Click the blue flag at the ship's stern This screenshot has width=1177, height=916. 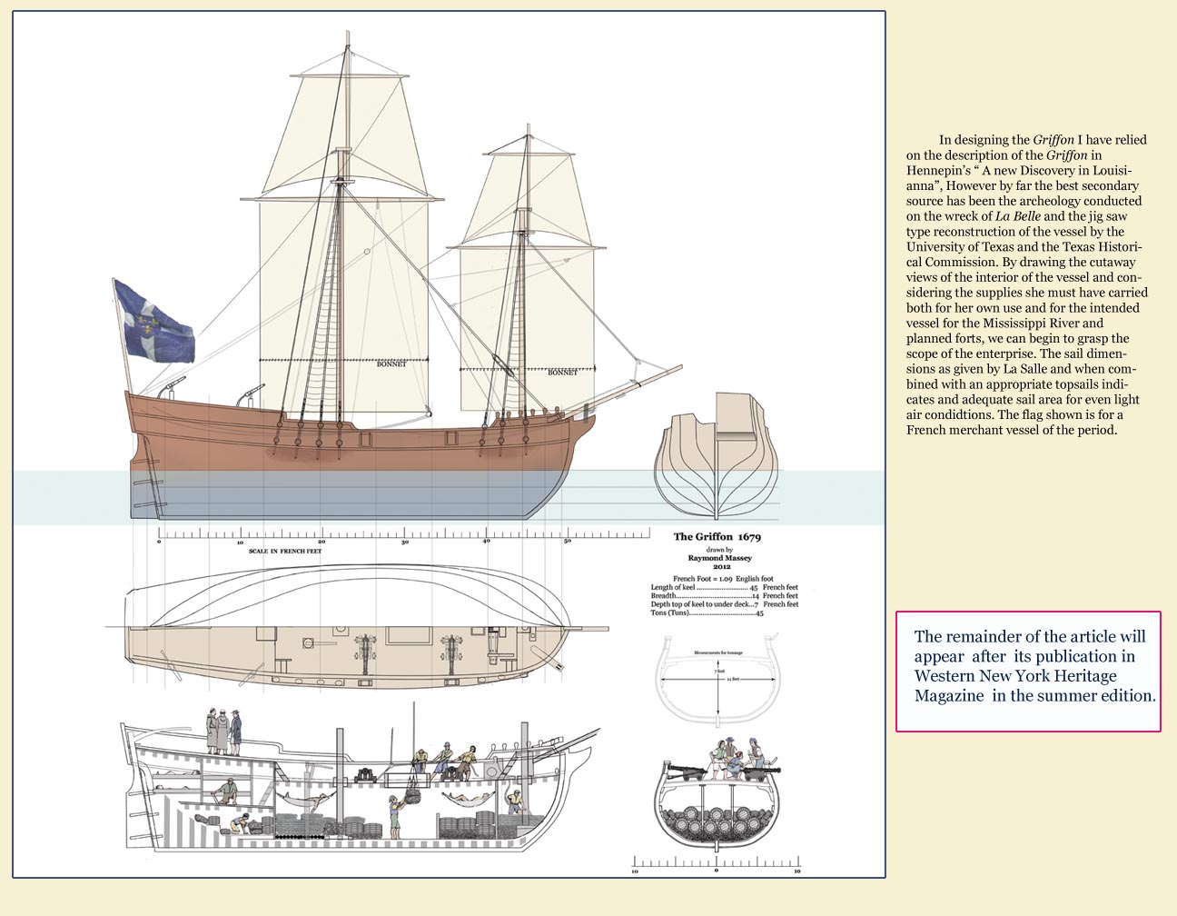click(156, 322)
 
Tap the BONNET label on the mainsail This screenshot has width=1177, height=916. click(391, 364)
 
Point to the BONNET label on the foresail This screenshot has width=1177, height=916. click(562, 373)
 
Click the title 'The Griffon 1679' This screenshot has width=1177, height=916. click(717, 537)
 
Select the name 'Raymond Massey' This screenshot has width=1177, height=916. click(719, 558)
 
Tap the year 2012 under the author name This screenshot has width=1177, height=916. click(721, 567)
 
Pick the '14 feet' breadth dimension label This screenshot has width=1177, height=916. click(732, 679)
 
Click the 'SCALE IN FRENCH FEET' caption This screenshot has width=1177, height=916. click(284, 551)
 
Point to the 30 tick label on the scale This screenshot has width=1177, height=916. click(405, 543)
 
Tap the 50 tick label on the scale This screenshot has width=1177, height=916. click(568, 543)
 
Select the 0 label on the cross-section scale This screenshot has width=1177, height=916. click(716, 871)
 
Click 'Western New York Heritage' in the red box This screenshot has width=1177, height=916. click(1015, 676)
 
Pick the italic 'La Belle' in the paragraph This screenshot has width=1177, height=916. click(1017, 216)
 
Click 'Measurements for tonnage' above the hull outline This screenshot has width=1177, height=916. click(718, 653)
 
